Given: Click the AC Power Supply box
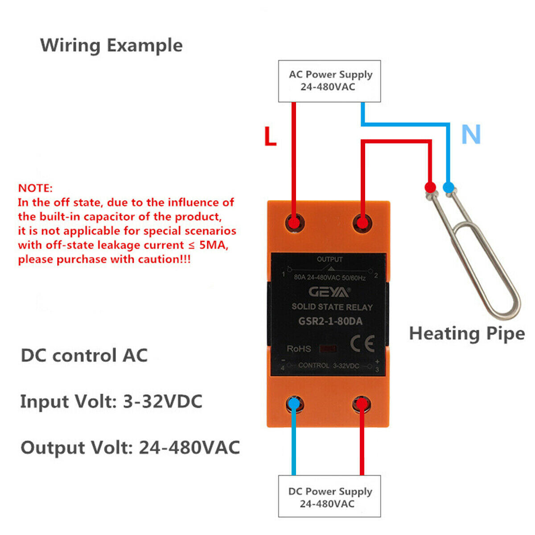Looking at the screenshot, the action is [x=329, y=81].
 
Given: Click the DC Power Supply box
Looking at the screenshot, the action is [x=329, y=496].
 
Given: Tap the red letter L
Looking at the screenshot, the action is [x=270, y=136].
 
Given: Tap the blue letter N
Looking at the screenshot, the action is [x=471, y=134].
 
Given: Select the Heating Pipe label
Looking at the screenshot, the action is [x=467, y=334].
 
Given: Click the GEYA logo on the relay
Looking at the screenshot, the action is [x=329, y=292].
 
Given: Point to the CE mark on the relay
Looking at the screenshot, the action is [x=362, y=343].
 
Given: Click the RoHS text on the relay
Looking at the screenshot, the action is [x=299, y=349].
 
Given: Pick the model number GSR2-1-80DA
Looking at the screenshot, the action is [x=330, y=321].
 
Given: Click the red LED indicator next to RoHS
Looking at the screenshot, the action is [x=328, y=349].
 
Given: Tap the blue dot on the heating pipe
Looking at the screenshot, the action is [x=449, y=187].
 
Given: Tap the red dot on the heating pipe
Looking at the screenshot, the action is [x=430, y=187].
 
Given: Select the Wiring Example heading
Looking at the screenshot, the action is [x=111, y=45].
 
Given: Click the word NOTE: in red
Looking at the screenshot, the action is [x=35, y=188].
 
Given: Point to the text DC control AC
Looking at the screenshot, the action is [x=84, y=355].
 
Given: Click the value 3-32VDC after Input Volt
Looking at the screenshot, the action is [x=163, y=401].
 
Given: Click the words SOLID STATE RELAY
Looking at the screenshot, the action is [x=332, y=307].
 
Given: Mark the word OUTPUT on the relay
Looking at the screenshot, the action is [x=329, y=259].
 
